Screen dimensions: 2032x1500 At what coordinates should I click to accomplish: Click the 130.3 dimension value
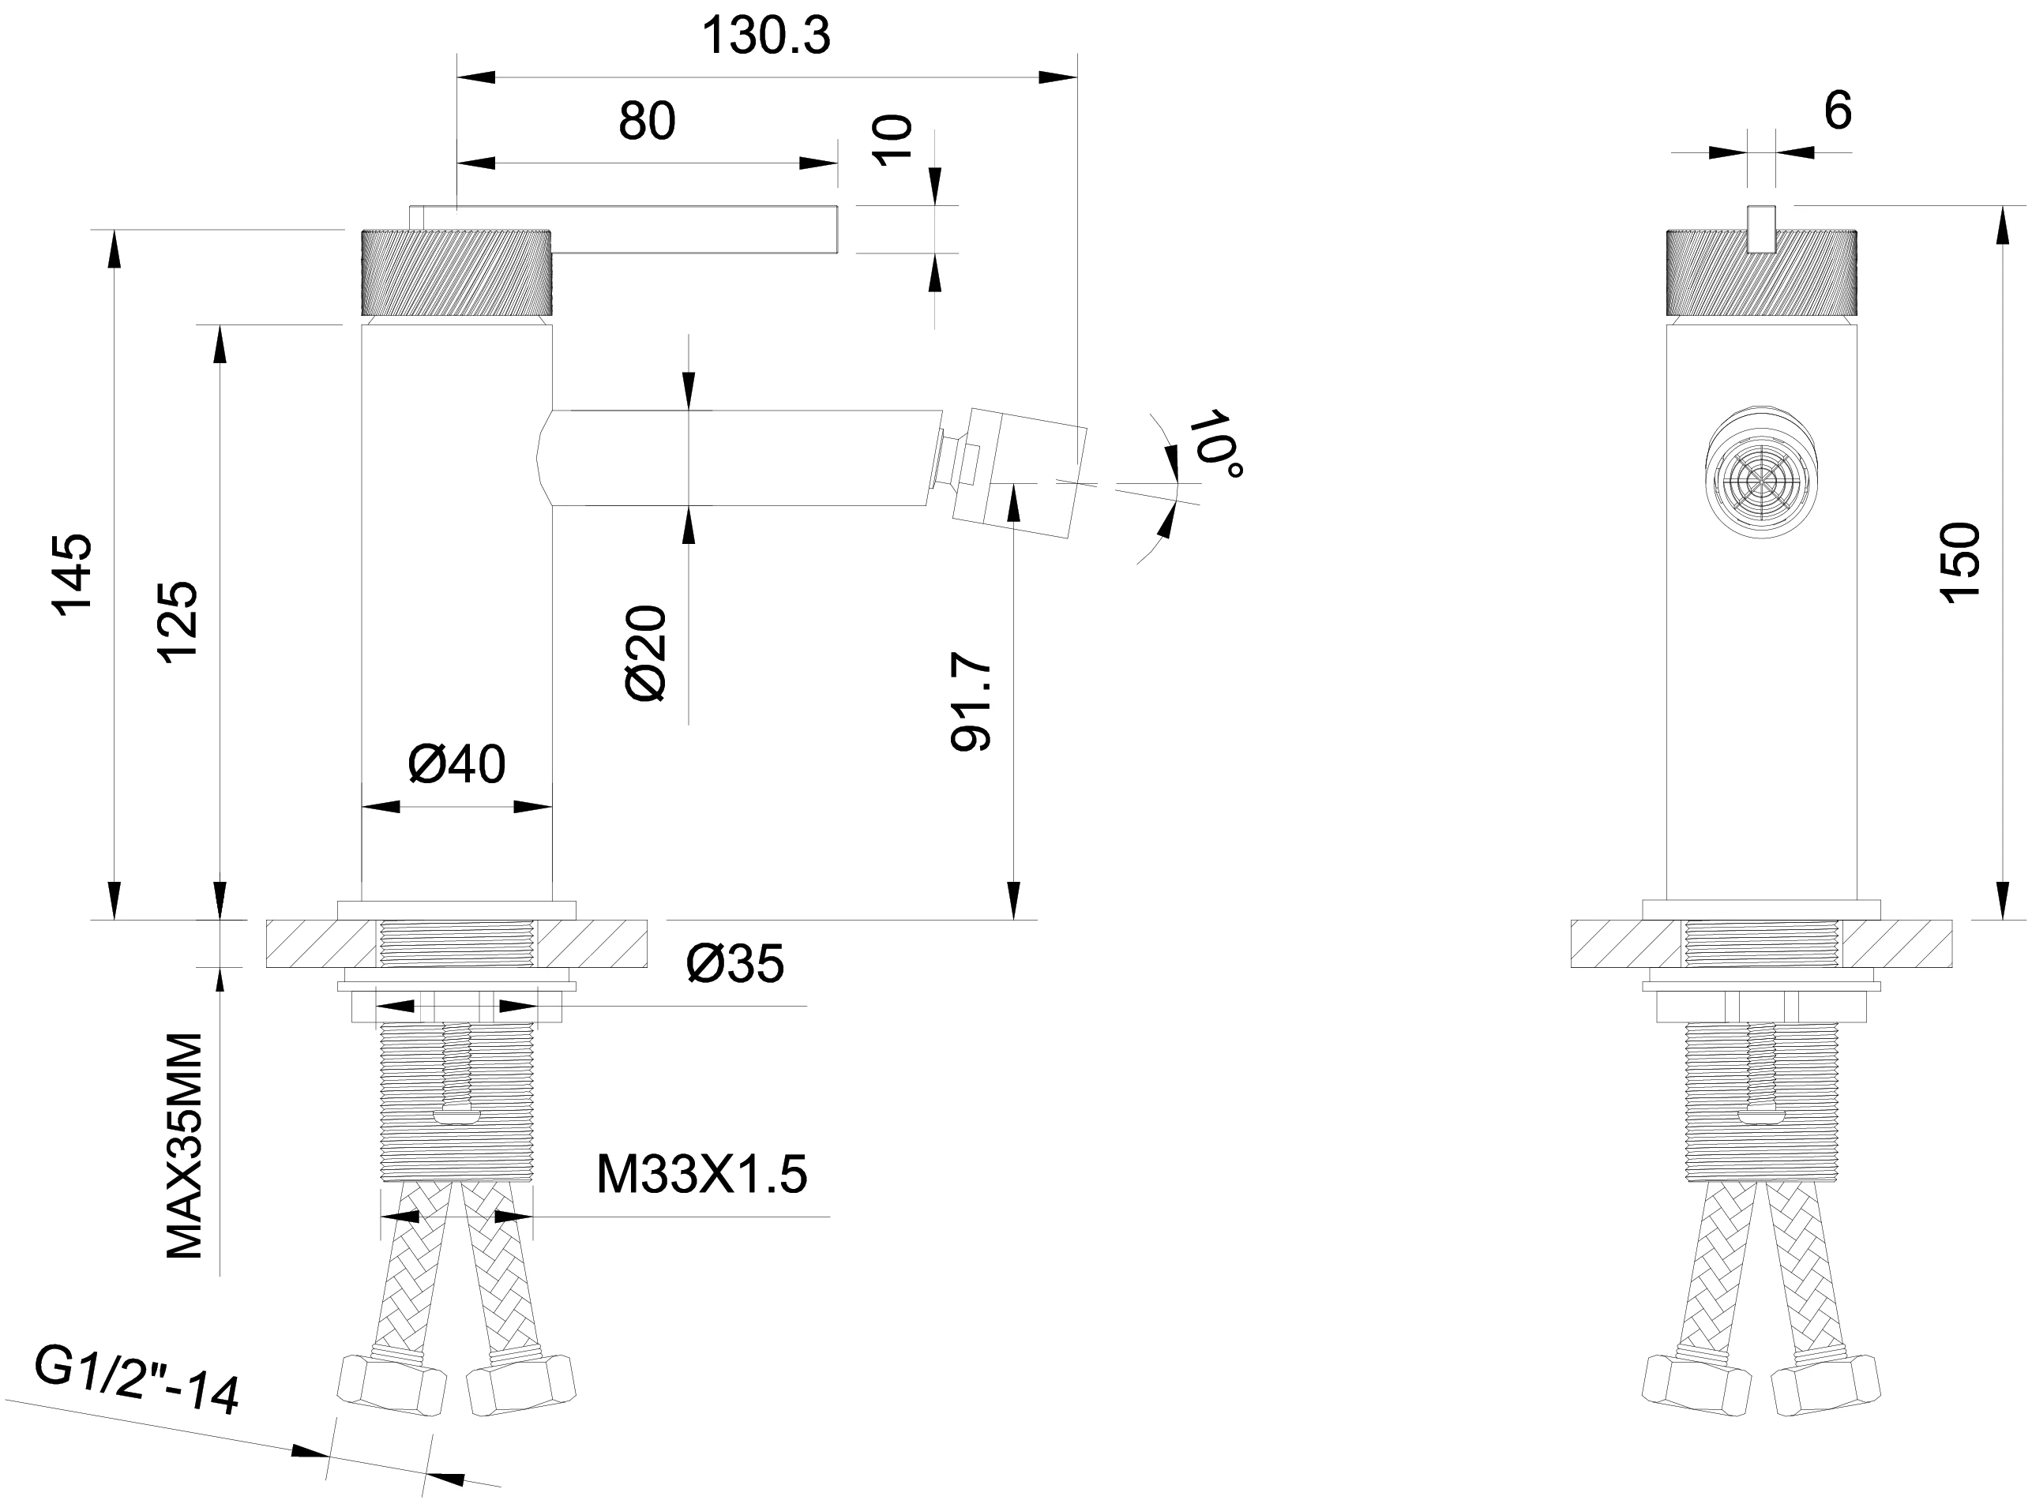766,37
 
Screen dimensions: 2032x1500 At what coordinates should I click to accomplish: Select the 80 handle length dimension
647,122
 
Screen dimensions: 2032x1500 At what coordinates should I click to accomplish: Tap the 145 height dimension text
73,576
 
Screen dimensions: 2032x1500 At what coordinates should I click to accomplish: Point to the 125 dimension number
178,623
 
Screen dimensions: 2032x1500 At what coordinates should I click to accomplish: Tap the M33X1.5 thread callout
701,1175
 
